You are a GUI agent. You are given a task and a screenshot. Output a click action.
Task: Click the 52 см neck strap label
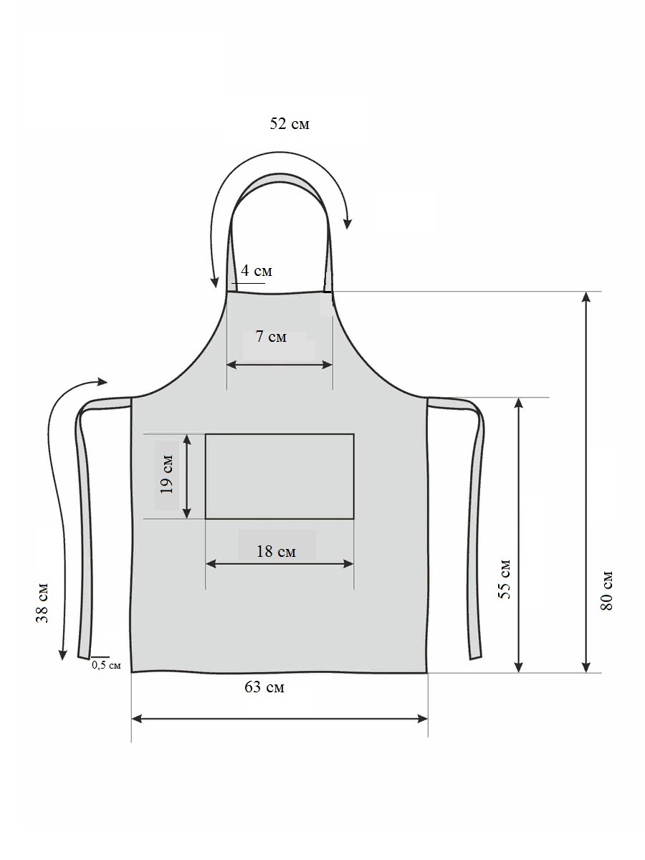pos(290,124)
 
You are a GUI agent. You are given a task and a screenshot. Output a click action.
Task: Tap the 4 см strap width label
pos(257,270)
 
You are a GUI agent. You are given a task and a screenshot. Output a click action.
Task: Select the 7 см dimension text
pos(271,337)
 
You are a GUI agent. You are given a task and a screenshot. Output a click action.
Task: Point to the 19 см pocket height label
pos(167,474)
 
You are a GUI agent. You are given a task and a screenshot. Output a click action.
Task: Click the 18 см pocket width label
pos(276,552)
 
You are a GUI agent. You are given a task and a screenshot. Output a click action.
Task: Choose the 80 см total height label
pos(606,591)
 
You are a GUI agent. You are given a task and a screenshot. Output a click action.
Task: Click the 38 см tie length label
pos(42,603)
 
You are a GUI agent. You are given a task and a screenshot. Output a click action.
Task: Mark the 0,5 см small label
pos(107,665)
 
